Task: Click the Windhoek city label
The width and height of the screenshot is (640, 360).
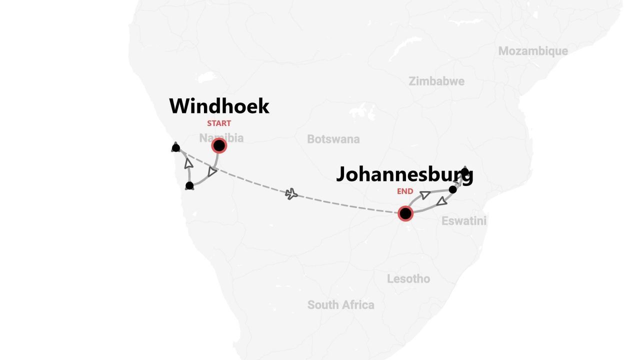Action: [219, 106]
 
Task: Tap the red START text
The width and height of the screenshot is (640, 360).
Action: [219, 123]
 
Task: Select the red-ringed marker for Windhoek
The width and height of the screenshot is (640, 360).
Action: [219, 145]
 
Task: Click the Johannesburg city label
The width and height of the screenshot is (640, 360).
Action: [404, 174]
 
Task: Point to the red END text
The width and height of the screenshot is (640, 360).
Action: [405, 191]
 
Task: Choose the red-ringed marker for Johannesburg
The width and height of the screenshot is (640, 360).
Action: [405, 213]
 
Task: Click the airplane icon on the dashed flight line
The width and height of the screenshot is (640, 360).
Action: [291, 193]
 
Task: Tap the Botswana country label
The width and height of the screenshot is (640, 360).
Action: [333, 139]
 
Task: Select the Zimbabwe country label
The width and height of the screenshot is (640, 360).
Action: [436, 81]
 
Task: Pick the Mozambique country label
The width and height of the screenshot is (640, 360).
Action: [533, 51]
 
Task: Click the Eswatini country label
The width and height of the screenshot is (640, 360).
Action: [463, 220]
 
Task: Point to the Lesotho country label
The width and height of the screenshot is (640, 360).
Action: [408, 278]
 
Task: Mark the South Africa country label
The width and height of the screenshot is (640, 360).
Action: [340, 304]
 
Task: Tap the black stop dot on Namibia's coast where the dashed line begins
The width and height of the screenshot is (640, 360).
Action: [175, 147]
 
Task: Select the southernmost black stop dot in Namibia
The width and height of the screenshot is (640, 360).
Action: [189, 186]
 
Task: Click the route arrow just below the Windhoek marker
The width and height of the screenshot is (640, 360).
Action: [212, 171]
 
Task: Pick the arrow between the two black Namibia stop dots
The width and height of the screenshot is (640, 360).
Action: [188, 163]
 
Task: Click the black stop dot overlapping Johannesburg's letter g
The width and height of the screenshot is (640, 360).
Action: [465, 172]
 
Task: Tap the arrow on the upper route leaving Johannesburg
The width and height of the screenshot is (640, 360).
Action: [425, 194]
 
